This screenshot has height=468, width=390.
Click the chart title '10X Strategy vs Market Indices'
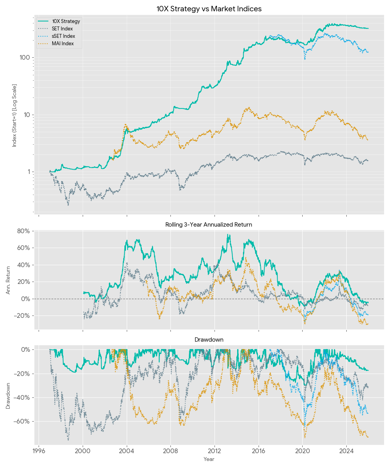(209, 9)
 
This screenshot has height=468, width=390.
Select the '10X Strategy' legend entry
(66, 21)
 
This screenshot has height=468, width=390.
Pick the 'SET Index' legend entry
(62, 29)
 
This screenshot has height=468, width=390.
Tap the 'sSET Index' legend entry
(63, 36)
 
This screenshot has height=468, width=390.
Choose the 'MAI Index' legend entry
(62, 44)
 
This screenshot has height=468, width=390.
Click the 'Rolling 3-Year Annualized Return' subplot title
(209, 225)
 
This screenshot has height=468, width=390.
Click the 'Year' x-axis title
(209, 459)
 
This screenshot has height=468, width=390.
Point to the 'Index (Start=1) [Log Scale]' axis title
(14, 115)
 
